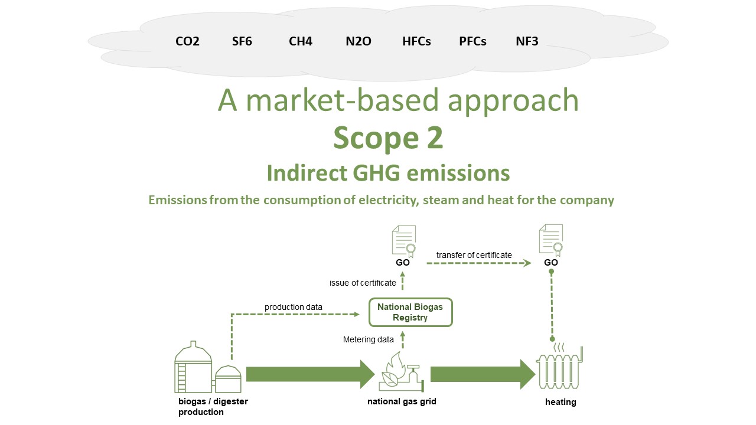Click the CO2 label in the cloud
point(187,41)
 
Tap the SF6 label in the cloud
point(242,41)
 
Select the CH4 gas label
point(301,41)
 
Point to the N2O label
point(359,41)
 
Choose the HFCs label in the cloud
point(416,41)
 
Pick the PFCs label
point(472,41)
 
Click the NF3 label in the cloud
point(527,41)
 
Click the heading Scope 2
point(388,138)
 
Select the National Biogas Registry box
point(410,312)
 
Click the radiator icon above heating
point(559,368)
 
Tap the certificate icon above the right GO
point(550,240)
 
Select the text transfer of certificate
point(474,255)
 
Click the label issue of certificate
point(363,283)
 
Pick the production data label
point(294,307)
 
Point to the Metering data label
point(369,339)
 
